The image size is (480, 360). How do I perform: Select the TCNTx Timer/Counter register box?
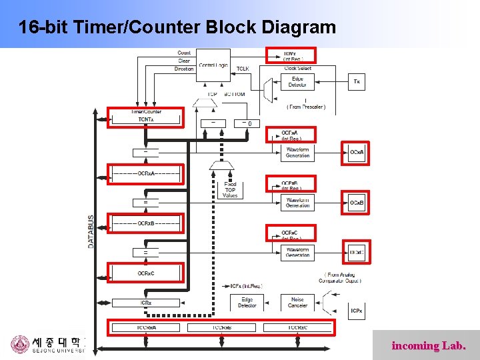(145, 117)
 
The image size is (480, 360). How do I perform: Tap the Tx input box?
(357, 82)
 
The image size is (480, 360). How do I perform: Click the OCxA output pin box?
(357, 153)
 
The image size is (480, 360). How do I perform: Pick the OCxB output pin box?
(357, 203)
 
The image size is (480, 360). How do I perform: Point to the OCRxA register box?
(145, 173)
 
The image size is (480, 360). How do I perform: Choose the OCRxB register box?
(145, 223)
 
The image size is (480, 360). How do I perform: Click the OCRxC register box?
(145, 273)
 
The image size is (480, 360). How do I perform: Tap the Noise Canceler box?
(297, 303)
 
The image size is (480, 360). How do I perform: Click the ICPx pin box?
(357, 311)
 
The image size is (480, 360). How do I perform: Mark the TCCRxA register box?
(145, 327)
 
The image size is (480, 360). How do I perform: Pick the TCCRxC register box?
(297, 327)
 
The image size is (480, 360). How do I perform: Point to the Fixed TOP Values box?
(230, 189)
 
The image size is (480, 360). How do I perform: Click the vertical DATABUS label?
(91, 231)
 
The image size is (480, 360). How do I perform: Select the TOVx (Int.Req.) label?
(291, 55)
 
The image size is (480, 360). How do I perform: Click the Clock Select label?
(297, 68)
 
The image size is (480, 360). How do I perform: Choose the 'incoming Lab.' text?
(433, 346)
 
